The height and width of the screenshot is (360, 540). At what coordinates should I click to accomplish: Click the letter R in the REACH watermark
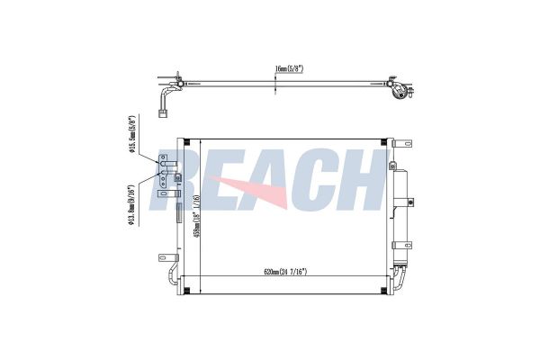176,180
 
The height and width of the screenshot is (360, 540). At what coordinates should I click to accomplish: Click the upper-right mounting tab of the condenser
391,143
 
